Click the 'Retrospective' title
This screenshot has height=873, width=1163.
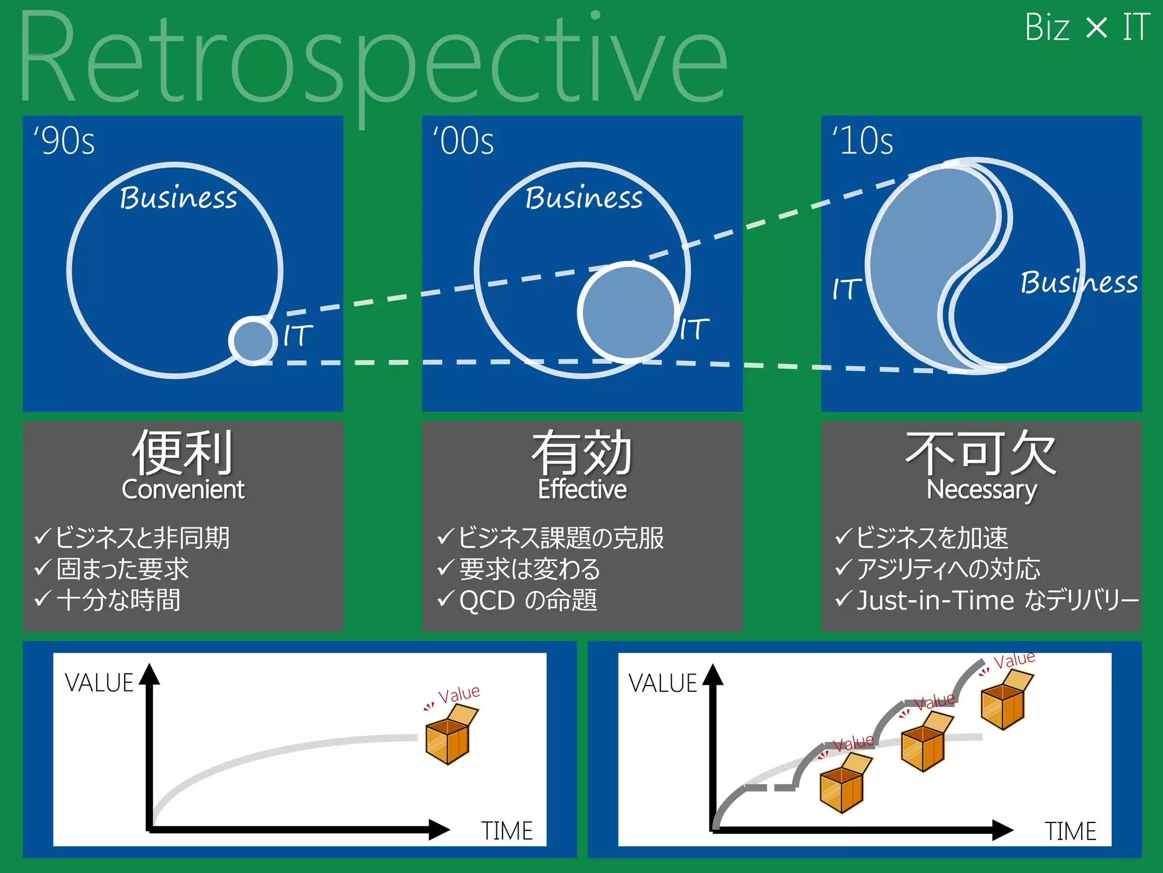[x=372, y=63]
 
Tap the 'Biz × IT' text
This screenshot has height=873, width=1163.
[x=1087, y=27]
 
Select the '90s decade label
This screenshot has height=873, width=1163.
[x=64, y=141]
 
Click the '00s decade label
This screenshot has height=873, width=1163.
[x=463, y=141]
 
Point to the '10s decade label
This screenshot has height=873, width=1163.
[x=863, y=141]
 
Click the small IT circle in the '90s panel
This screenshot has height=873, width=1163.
[x=253, y=341]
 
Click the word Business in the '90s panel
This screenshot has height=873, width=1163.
[x=178, y=198]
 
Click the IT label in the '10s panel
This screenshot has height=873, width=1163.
[x=847, y=289]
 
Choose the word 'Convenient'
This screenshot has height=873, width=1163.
[x=183, y=489]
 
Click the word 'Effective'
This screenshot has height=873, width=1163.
[x=582, y=489]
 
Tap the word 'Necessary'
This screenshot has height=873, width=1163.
[x=981, y=489]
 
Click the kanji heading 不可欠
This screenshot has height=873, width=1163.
[x=981, y=453]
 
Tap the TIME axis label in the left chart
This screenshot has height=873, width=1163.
[x=507, y=831]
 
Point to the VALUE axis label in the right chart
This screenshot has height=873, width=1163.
[x=662, y=683]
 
